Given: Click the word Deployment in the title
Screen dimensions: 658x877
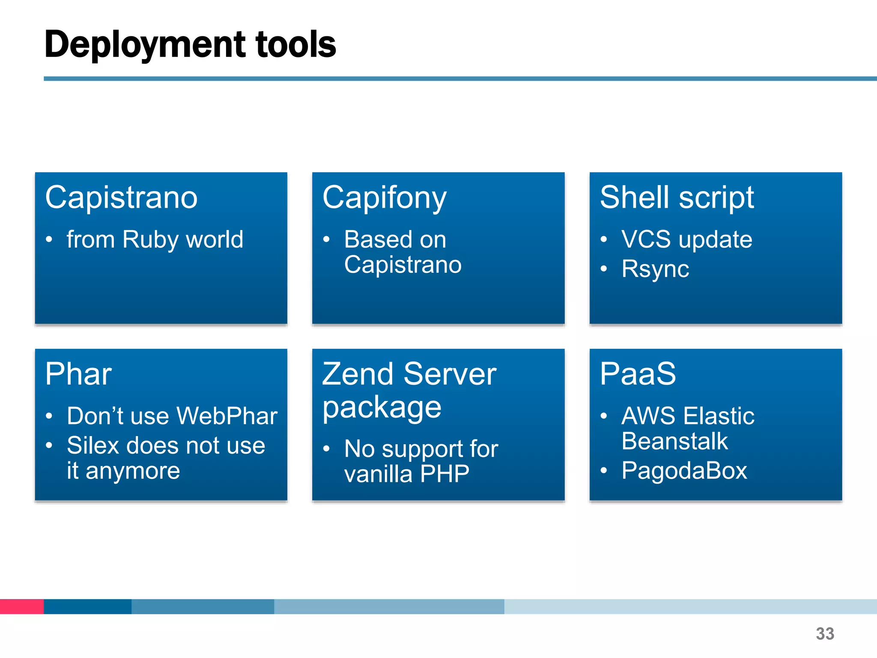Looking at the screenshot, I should click(145, 45).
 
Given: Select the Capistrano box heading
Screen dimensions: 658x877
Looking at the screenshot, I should click(121, 198).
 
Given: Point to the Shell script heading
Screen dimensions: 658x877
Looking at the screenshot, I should click(677, 198).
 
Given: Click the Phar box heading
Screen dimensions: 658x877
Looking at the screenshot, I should click(78, 374).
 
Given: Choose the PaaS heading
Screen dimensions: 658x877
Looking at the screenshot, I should click(638, 374).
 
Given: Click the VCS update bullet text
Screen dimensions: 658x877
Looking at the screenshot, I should click(686, 240).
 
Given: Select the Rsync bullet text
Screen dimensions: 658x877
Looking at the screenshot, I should click(655, 269).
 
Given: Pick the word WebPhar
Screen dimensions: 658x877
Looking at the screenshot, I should click(227, 416).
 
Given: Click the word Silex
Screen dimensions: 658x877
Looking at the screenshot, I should click(93, 446).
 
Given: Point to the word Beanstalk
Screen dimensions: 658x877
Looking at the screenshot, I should click(674, 441).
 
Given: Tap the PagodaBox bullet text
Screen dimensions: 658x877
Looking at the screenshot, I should click(684, 471).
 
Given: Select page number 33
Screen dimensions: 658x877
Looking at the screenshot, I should click(825, 634).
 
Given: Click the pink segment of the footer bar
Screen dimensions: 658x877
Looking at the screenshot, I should click(21, 607).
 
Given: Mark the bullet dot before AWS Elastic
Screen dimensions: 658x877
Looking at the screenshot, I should click(604, 416).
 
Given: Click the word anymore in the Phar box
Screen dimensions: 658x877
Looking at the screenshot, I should click(133, 471).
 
